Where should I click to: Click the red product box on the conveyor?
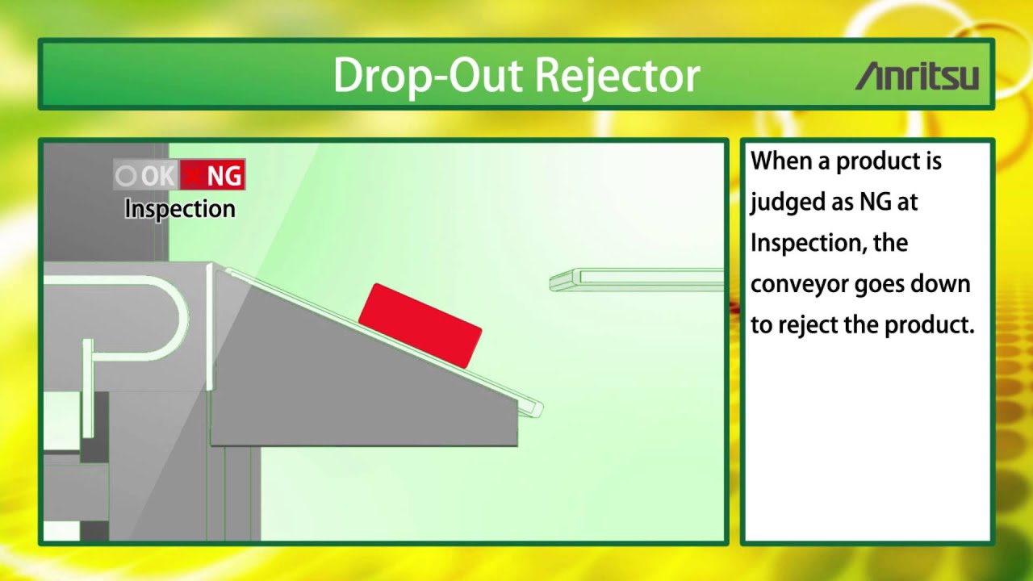click(x=420, y=325)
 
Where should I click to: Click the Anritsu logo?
click(x=918, y=77)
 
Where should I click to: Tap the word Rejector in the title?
click(x=617, y=76)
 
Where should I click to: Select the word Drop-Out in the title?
click(x=428, y=76)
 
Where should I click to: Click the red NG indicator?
click(x=213, y=175)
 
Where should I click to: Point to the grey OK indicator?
click(x=147, y=175)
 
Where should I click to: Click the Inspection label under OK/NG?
click(x=180, y=209)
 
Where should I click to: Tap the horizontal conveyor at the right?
click(x=638, y=281)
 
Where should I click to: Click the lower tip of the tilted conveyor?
click(x=533, y=408)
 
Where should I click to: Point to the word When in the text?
click(x=781, y=161)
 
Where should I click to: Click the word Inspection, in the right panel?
click(x=807, y=243)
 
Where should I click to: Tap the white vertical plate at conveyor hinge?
click(x=210, y=327)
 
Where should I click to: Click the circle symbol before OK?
click(x=126, y=175)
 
